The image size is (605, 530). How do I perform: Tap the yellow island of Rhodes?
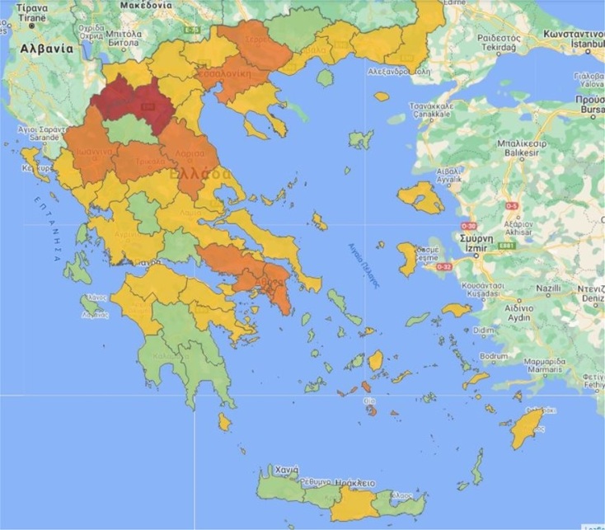pos(525,429)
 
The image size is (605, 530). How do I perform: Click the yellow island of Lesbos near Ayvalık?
pos(420,198)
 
